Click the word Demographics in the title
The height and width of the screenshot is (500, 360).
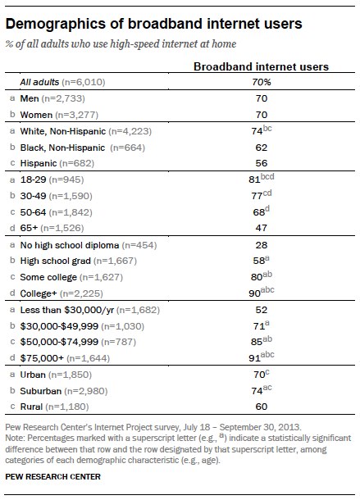tap(56, 25)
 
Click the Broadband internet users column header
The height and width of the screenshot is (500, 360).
tap(261, 66)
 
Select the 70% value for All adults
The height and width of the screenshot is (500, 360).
tap(262, 82)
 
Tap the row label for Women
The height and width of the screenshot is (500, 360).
tap(36, 115)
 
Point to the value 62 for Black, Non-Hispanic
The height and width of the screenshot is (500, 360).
tap(261, 148)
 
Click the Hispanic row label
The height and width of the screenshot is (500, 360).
tap(39, 163)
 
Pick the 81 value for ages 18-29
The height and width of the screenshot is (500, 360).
tap(254, 180)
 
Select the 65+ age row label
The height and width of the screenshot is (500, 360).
tap(29, 228)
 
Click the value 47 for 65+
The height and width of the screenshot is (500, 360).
tap(261, 228)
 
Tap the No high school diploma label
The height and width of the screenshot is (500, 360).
tap(70, 245)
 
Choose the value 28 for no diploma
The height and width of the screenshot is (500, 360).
tap(261, 245)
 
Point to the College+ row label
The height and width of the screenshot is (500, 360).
tap(39, 293)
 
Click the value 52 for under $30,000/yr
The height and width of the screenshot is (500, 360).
tap(261, 310)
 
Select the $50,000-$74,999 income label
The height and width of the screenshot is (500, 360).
tap(59, 342)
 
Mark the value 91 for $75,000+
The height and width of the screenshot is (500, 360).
tap(254, 358)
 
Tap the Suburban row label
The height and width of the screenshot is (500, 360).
tap(40, 391)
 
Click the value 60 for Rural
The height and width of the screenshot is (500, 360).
tap(261, 407)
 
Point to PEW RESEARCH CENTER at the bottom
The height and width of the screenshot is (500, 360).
tap(53, 477)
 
